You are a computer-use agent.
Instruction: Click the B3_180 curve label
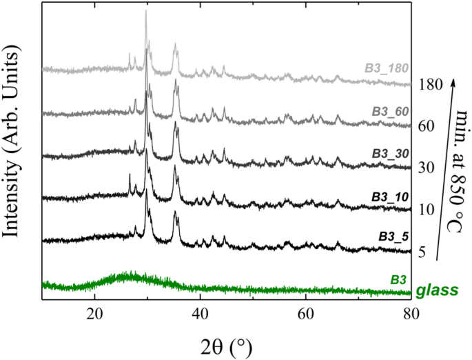point(387,68)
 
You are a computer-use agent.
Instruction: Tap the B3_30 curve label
point(389,155)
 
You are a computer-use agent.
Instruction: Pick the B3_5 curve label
point(394,236)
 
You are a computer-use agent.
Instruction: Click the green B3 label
point(398,279)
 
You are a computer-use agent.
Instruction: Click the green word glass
point(438,292)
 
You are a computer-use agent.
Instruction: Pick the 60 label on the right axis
point(424,127)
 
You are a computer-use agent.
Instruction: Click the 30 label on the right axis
point(424,168)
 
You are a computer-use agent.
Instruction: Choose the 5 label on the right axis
point(421,253)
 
